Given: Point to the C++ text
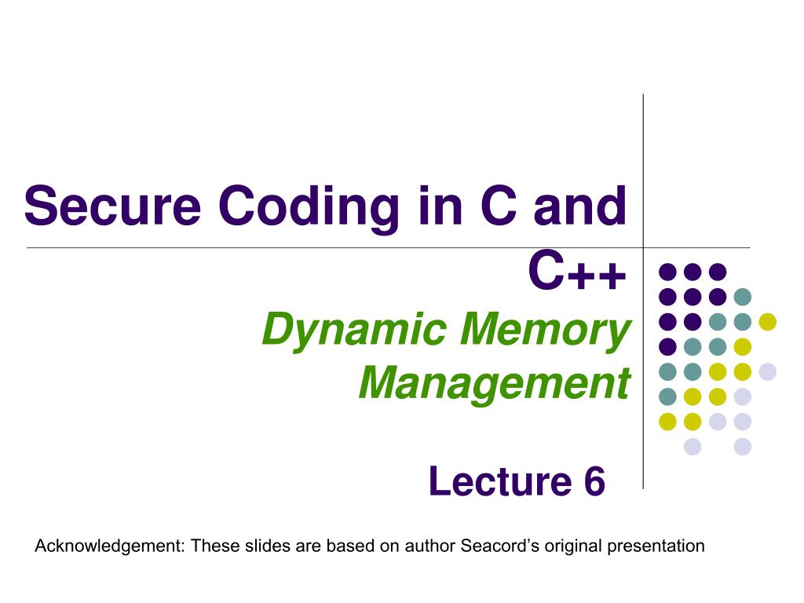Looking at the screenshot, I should pyautogui.click(x=578, y=273).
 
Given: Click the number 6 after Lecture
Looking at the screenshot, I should pyautogui.click(x=594, y=481).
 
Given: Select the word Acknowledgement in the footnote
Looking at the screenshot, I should pyautogui.click(x=108, y=546).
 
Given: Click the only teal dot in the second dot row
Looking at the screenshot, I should pyautogui.click(x=742, y=297).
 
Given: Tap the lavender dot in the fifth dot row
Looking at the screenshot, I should pyautogui.click(x=767, y=371).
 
